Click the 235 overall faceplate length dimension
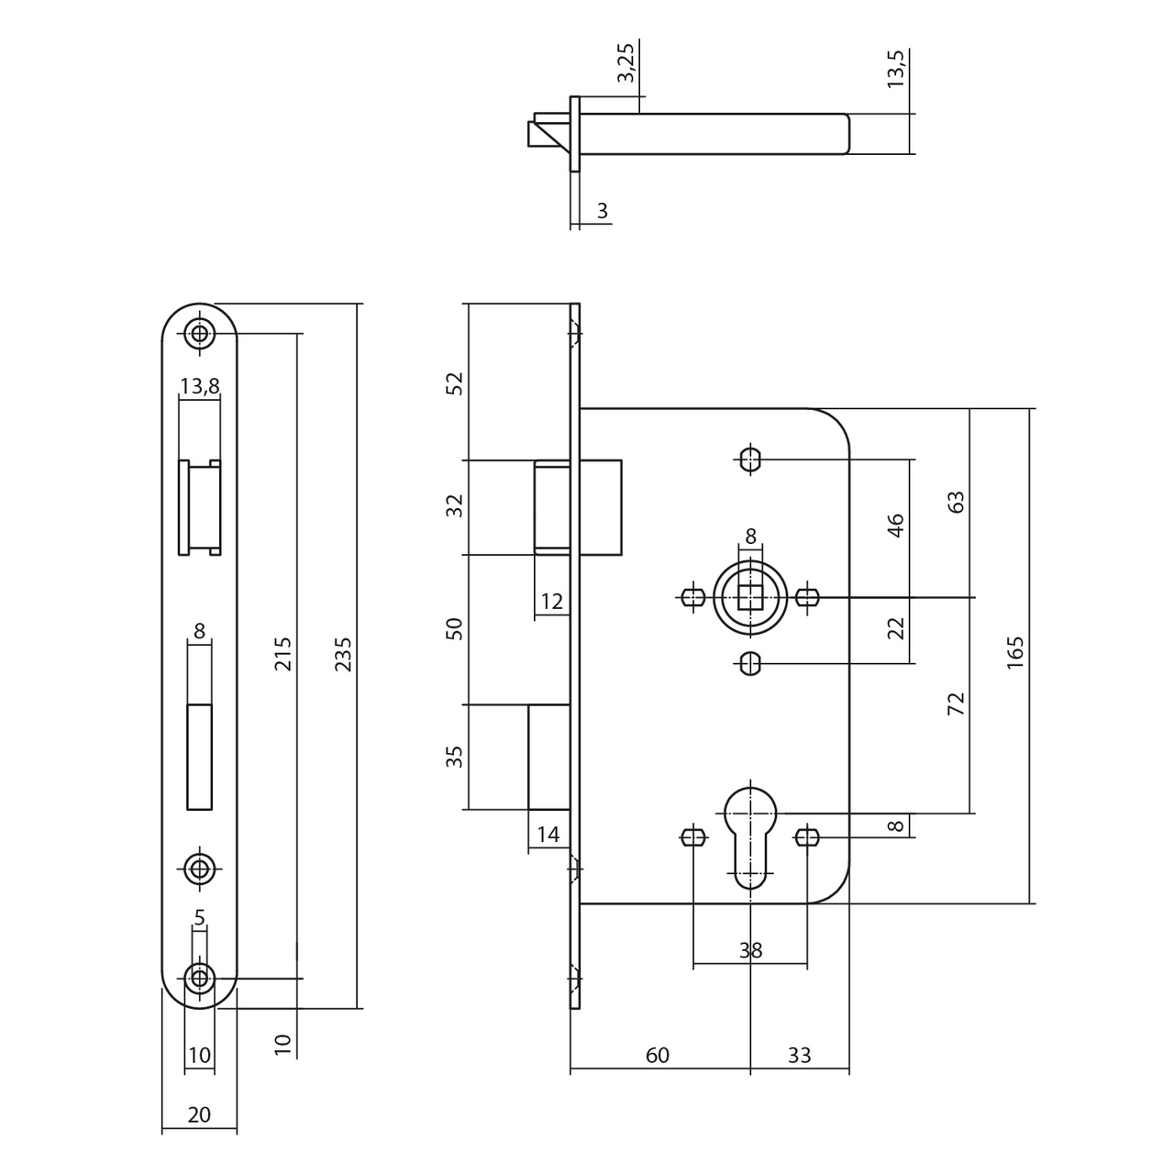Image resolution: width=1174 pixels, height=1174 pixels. pyautogui.click(x=343, y=654)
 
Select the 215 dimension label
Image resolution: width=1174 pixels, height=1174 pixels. pyautogui.click(x=283, y=654)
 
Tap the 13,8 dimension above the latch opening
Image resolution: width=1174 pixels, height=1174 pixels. pyautogui.click(x=199, y=386)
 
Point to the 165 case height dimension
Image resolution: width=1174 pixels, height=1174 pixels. pyautogui.click(x=1014, y=652)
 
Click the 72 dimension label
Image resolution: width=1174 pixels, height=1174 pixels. pyautogui.click(x=956, y=703)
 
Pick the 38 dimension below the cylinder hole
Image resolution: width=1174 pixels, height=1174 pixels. pyautogui.click(x=750, y=950)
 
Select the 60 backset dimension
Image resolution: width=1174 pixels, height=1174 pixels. pyautogui.click(x=658, y=1055)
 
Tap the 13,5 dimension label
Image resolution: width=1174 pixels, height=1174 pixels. pyautogui.click(x=896, y=68)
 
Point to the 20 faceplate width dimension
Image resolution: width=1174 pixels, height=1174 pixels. pyautogui.click(x=199, y=1114)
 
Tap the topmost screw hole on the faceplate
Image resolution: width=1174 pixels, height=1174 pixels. pyautogui.click(x=199, y=333)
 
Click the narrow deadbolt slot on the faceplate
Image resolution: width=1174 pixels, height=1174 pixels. pyautogui.click(x=199, y=757)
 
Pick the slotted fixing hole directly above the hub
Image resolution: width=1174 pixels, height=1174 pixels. pyautogui.click(x=750, y=459)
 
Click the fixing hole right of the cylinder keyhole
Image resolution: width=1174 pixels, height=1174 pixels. pyautogui.click(x=807, y=836)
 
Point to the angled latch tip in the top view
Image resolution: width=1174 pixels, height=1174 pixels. pyautogui.click(x=549, y=135)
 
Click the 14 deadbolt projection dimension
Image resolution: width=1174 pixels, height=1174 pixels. pyautogui.click(x=548, y=835)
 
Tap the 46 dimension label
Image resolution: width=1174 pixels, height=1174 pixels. pyautogui.click(x=896, y=526)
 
